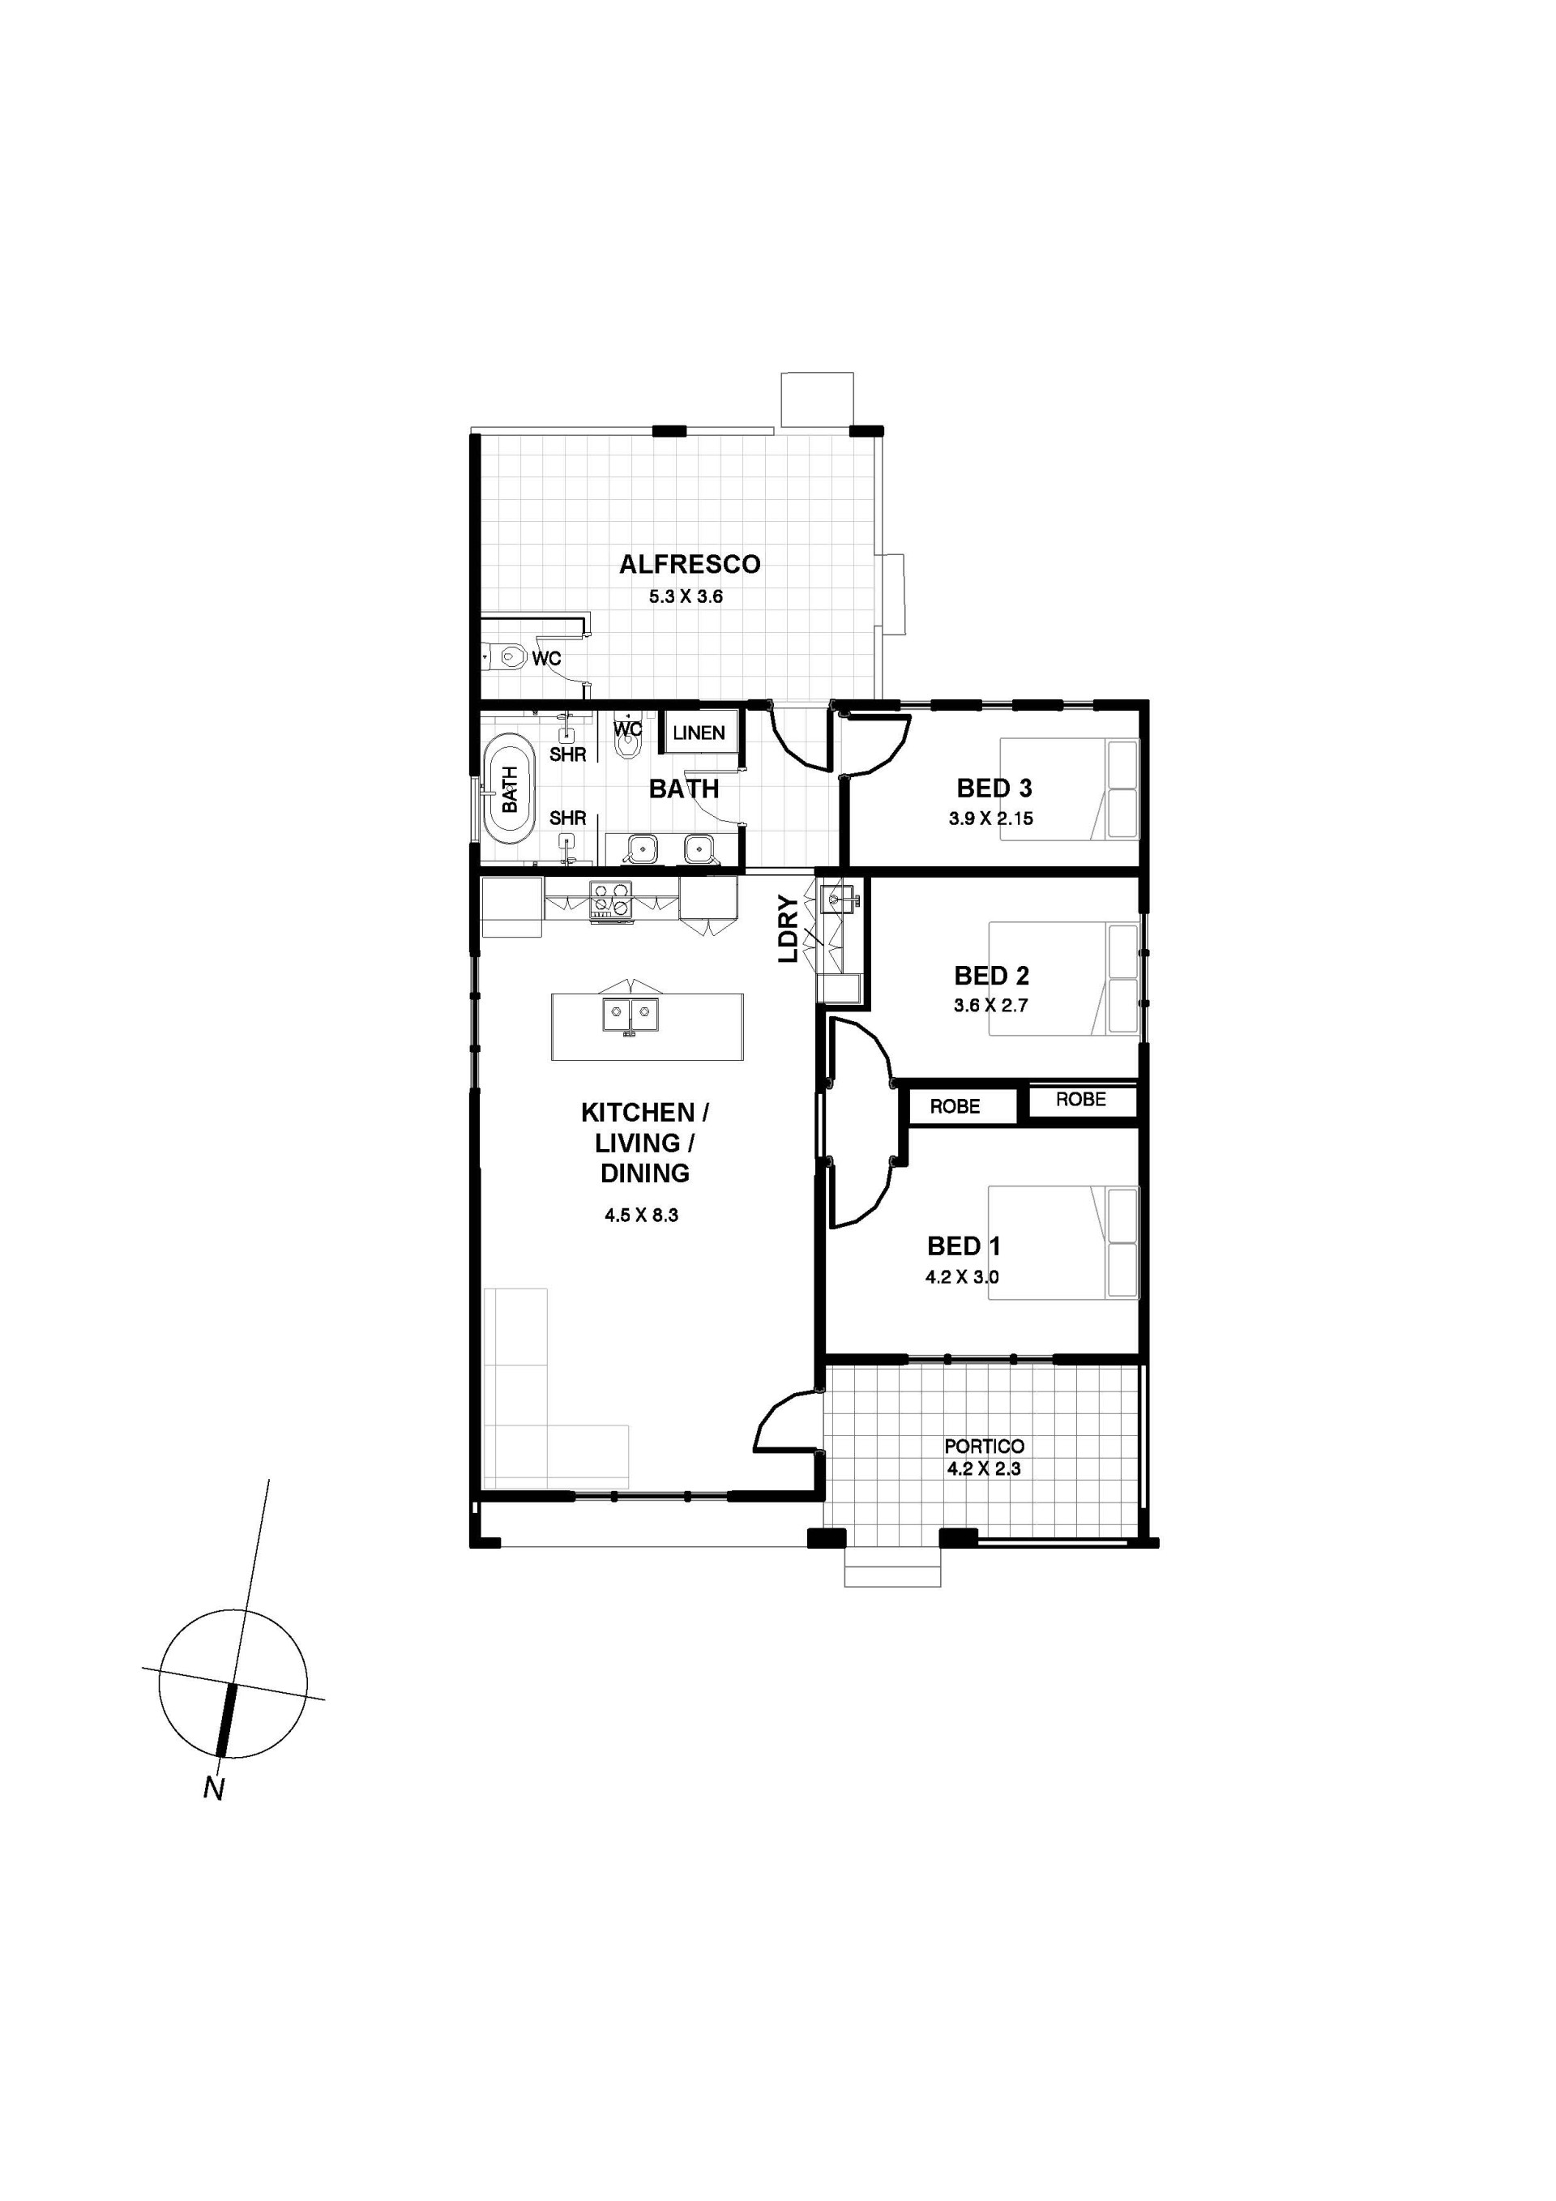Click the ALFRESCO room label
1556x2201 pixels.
coord(690,564)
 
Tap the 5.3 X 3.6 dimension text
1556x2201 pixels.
coord(686,596)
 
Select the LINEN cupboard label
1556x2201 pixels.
coord(699,733)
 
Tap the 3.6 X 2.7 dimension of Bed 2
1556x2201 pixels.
coord(990,1006)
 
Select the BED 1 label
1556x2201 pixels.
coord(964,1246)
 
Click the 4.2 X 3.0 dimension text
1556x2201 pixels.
coord(962,1277)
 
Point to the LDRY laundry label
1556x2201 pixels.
coord(787,928)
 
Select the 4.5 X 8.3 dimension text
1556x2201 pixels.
coord(641,1216)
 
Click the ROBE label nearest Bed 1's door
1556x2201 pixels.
coord(955,1106)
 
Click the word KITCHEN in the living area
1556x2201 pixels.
coord(638,1112)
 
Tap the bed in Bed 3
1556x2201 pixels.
coord(1069,789)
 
